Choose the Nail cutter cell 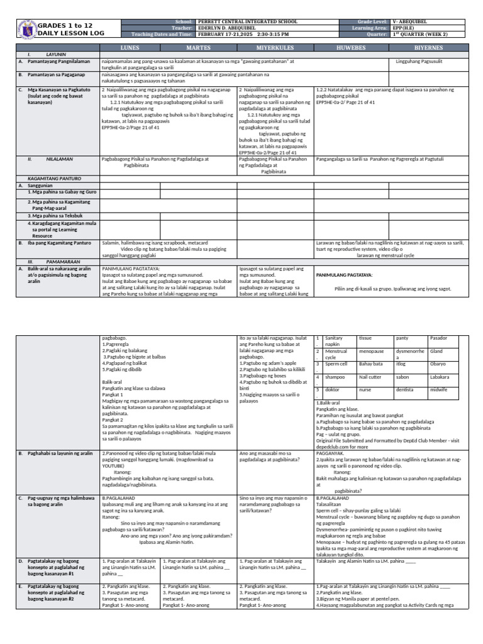(370, 377)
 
